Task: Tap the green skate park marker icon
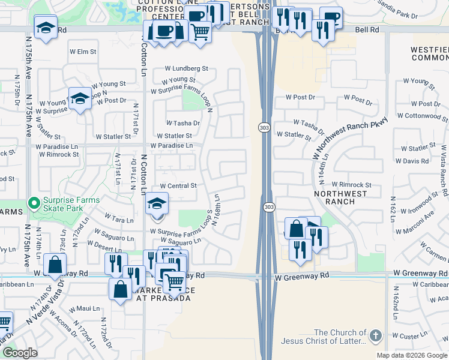(34, 204)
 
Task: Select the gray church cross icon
(376, 335)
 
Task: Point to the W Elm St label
(83, 52)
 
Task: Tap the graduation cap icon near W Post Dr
(79, 98)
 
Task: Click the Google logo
(20, 353)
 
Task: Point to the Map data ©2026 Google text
(412, 355)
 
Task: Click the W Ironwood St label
(417, 200)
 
